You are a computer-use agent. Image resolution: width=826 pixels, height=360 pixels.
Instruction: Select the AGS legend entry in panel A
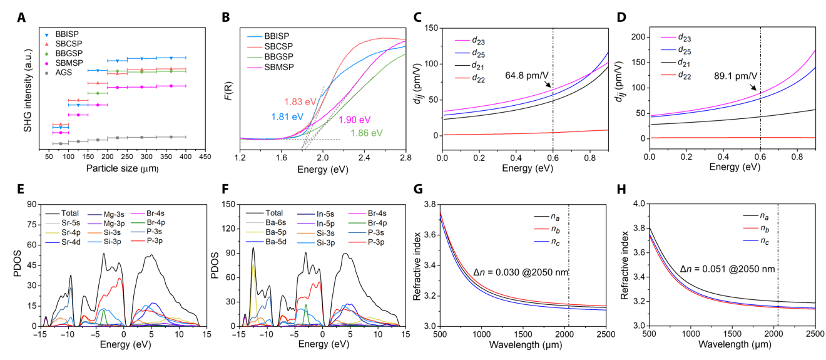(x=65, y=72)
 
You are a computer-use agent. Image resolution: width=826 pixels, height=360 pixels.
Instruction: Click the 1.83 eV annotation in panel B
(x=300, y=101)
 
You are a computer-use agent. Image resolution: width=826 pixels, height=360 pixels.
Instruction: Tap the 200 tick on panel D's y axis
(x=639, y=36)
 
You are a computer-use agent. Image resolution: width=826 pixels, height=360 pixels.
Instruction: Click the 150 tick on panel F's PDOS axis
(x=227, y=204)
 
